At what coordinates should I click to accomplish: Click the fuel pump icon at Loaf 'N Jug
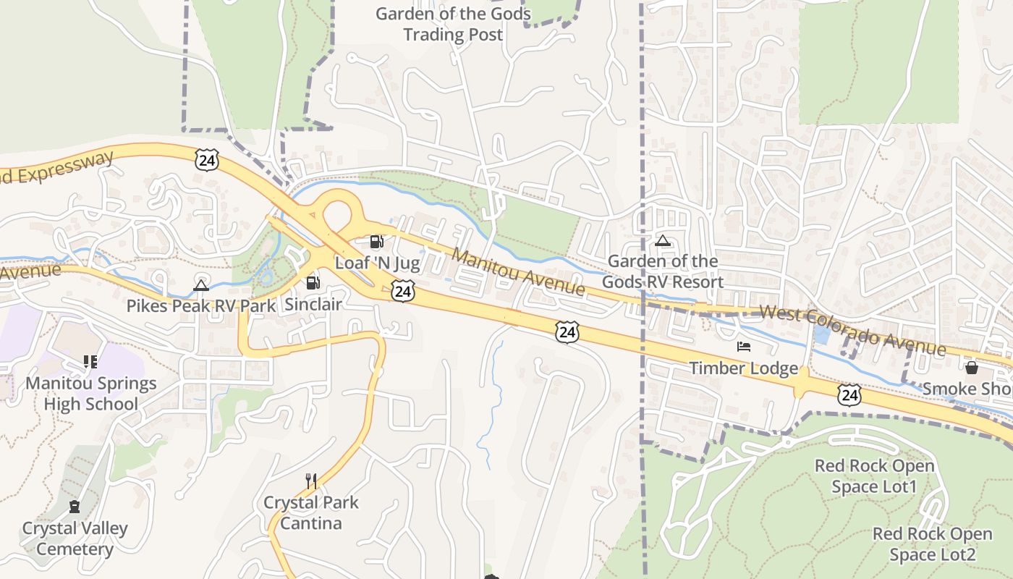pos(376,242)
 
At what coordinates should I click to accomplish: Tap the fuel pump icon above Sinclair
pos(313,283)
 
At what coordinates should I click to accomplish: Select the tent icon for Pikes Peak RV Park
pos(201,285)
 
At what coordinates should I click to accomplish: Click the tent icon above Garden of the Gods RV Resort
pos(662,240)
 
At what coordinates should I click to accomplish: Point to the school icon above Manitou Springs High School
pos(90,361)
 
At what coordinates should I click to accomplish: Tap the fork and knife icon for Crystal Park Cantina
pos(311,481)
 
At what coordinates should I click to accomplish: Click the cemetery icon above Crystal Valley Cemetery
pos(74,507)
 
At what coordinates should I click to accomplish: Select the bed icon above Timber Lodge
pos(744,347)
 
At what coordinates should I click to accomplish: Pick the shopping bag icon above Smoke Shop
pos(971,368)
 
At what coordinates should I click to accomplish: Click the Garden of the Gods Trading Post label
pos(453,24)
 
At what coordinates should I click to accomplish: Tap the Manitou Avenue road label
pos(519,271)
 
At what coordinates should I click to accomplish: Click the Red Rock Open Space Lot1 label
pos(874,476)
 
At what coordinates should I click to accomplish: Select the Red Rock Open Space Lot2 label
pos(932,544)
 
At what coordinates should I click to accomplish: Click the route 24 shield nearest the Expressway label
pos(206,160)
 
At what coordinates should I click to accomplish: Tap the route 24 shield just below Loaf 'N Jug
pos(404,291)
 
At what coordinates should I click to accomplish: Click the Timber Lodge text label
pos(743,368)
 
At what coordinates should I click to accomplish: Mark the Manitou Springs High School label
pos(91,393)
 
